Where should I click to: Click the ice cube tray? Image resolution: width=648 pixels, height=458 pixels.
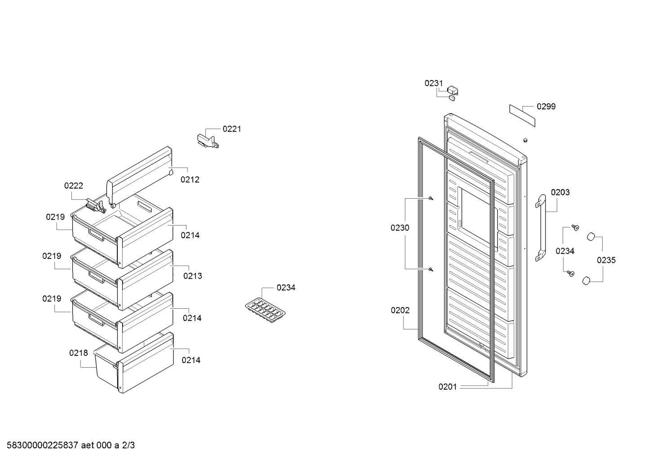[265, 310]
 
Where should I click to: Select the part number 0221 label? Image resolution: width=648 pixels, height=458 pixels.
[232, 129]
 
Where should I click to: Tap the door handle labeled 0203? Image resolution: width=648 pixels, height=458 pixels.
[541, 228]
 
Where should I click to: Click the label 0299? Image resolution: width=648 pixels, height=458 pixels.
[546, 107]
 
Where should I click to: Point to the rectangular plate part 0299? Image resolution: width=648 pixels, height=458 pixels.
[522, 116]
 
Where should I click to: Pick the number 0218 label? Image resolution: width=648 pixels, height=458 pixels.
[78, 353]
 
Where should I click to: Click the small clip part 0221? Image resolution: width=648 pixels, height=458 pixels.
[208, 141]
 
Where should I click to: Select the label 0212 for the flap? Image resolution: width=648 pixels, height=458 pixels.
[190, 180]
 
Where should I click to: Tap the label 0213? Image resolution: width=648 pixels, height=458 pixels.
[193, 276]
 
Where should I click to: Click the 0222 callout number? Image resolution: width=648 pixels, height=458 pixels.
[74, 186]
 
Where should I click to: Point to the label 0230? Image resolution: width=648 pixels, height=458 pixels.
[400, 228]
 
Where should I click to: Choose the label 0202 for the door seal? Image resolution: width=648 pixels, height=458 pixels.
[400, 311]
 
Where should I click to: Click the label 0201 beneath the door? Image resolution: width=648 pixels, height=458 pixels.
[448, 387]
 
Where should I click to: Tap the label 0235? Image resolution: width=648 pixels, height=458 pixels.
[606, 260]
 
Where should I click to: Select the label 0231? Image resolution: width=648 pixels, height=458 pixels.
[434, 83]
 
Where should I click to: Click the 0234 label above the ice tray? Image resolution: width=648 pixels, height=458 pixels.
[286, 288]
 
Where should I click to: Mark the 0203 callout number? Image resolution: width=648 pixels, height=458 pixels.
[560, 192]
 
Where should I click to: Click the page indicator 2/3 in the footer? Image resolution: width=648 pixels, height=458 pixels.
[129, 445]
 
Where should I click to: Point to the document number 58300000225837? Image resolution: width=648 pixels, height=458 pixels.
[43, 445]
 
